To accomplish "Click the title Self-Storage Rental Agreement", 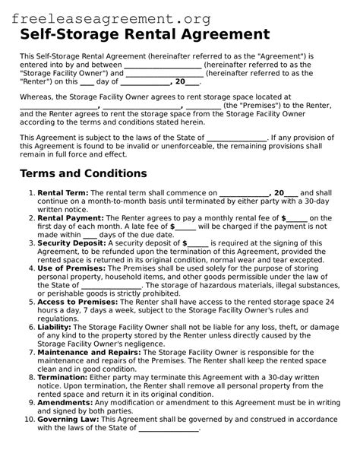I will click(x=144, y=35).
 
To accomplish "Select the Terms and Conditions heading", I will click(x=84, y=173).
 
